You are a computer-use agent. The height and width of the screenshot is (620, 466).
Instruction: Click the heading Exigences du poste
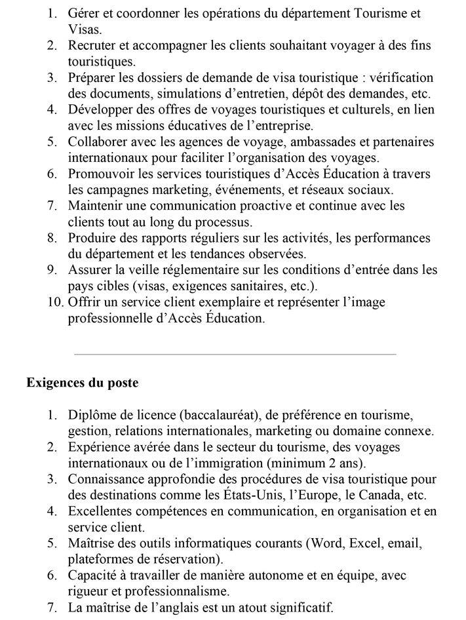[82, 383]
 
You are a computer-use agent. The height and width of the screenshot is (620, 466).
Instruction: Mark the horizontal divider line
[235, 355]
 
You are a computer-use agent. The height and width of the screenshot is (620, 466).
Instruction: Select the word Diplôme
[92, 415]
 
